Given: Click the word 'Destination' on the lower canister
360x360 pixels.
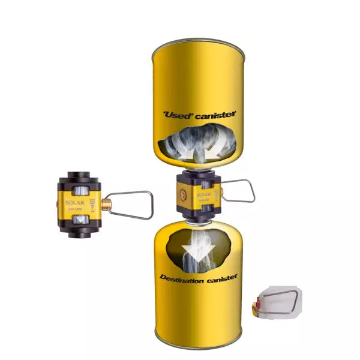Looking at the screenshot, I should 183,277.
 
